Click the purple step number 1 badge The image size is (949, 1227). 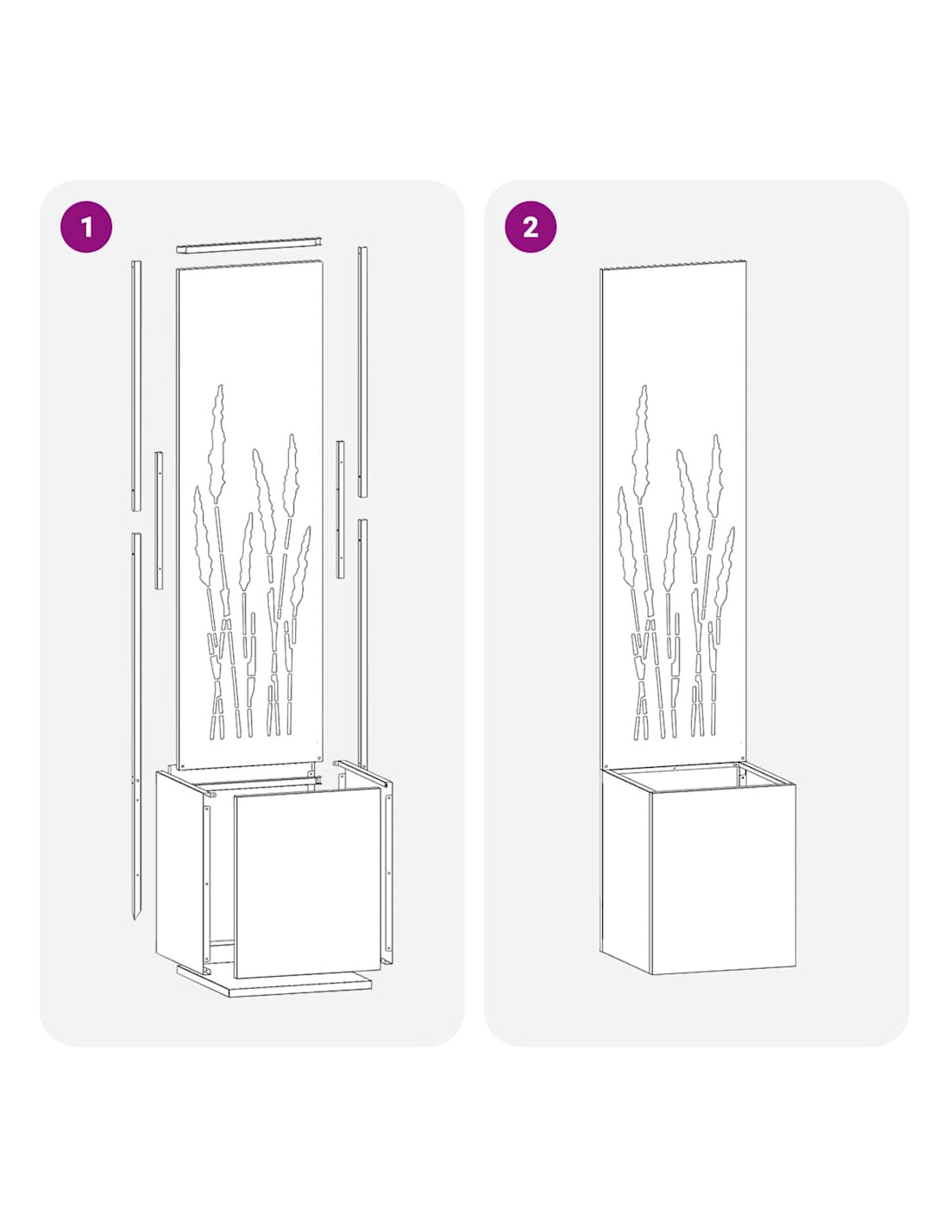(85, 227)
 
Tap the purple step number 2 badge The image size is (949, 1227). (530, 227)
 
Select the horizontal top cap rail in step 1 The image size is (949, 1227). (248, 245)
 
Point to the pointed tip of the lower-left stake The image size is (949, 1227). (135, 918)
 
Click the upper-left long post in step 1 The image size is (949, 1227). (136, 386)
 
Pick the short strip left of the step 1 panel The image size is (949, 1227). (159, 520)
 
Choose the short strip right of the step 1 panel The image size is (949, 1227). (341, 509)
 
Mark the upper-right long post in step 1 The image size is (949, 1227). (362, 372)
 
